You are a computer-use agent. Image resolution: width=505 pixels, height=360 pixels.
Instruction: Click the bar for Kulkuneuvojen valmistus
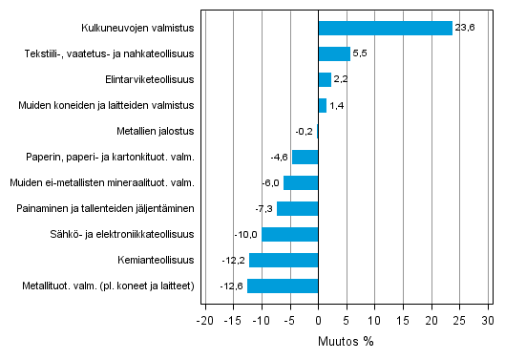pos(385,28)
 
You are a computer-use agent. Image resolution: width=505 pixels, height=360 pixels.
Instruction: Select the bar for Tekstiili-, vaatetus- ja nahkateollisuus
pos(333,53)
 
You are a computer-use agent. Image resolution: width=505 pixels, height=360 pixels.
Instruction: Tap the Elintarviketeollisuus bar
pos(325,79)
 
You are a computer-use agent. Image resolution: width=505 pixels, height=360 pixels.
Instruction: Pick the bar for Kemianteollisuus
pos(284,260)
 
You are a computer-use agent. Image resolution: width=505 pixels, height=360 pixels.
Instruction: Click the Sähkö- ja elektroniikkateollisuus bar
pos(289,234)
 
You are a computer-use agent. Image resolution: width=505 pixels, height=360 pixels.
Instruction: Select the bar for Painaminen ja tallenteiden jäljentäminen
pos(297,208)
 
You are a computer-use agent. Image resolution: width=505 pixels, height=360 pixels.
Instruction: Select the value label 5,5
pos(360,53)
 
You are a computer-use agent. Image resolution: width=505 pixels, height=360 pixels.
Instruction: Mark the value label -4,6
pos(280,157)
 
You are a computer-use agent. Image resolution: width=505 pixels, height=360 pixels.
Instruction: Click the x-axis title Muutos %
pos(346,340)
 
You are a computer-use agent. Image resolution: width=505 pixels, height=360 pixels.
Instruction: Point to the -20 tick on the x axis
pos(204,319)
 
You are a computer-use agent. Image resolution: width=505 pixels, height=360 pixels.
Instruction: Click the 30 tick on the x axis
pos(487,319)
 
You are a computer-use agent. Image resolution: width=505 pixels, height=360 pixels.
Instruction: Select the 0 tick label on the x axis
pos(318,319)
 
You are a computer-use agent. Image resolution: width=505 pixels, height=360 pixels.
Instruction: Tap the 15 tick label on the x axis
pos(402,319)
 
